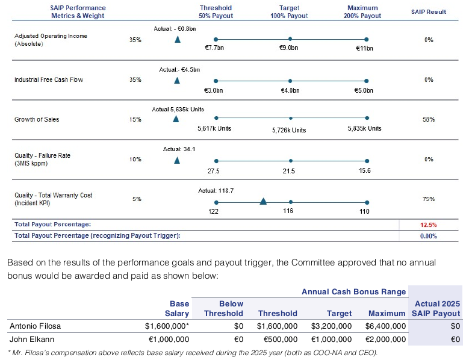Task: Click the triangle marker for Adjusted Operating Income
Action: click(x=177, y=40)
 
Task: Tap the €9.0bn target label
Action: click(x=290, y=48)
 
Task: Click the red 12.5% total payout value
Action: click(x=428, y=225)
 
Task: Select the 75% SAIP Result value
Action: click(x=429, y=199)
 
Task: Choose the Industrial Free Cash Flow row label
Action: click(x=49, y=79)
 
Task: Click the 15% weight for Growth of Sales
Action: click(x=135, y=120)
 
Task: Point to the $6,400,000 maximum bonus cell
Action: click(x=387, y=326)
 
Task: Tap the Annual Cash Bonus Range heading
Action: click(x=353, y=291)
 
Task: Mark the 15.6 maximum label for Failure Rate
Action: click(x=364, y=171)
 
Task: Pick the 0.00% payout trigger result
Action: click(x=428, y=235)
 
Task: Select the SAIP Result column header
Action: click(x=428, y=12)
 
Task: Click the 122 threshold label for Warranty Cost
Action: click(x=214, y=212)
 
